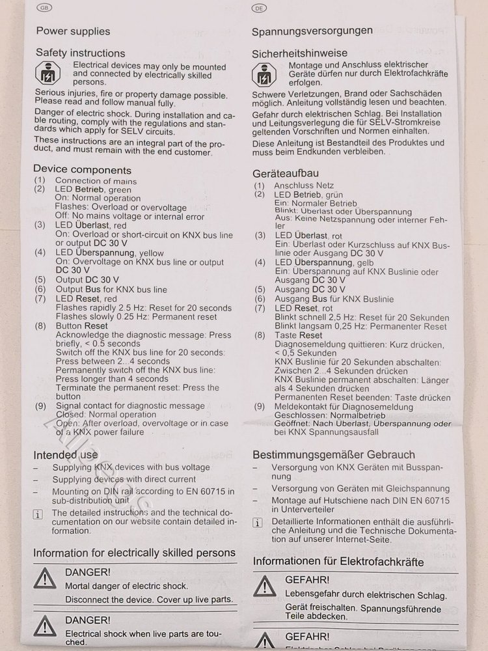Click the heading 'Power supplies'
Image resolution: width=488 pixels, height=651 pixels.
[x=73, y=31]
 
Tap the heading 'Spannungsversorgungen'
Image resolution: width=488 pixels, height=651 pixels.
[x=312, y=31]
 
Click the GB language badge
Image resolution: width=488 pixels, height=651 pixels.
[x=44, y=8]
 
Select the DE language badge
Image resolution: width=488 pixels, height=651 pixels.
[x=259, y=8]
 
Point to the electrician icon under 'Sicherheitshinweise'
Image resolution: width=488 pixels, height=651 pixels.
[x=264, y=76]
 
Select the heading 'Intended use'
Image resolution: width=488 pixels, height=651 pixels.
[x=66, y=454]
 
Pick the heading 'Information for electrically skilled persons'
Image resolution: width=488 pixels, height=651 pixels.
[x=134, y=553]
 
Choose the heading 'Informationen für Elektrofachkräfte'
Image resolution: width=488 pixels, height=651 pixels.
[x=338, y=561]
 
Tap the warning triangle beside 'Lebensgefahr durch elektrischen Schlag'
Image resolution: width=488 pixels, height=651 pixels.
[x=265, y=586]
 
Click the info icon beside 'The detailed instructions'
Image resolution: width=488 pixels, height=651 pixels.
[x=38, y=514]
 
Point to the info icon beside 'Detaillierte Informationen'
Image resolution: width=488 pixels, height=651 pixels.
[x=258, y=523]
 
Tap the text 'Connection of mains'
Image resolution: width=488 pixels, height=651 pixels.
[x=96, y=181]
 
